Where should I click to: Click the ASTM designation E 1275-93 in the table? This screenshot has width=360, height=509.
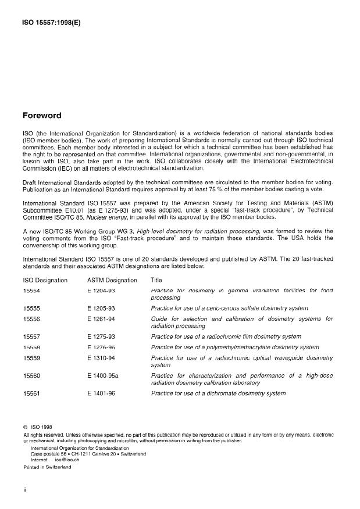[102, 336]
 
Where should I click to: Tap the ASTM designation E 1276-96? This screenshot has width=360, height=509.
[102, 347]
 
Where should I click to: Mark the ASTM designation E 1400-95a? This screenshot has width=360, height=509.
[104, 375]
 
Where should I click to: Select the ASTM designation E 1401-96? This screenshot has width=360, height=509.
[102, 393]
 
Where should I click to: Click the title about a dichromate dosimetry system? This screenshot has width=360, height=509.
[218, 393]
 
